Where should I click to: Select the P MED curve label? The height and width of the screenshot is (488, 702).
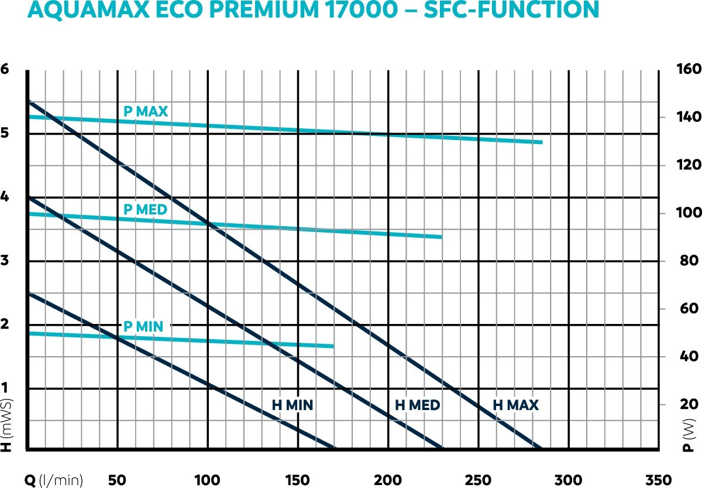click(x=145, y=209)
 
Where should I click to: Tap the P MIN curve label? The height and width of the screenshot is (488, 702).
click(x=143, y=326)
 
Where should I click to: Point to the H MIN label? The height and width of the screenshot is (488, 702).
click(x=292, y=405)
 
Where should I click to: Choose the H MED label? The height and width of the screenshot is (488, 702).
click(x=417, y=405)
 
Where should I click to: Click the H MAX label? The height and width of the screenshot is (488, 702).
click(x=515, y=405)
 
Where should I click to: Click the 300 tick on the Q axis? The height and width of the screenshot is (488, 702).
click(x=568, y=480)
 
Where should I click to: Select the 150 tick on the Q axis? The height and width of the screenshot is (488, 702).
click(x=298, y=480)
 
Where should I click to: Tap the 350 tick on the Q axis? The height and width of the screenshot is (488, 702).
click(x=658, y=480)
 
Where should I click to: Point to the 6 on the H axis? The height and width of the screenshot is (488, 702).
click(x=5, y=69)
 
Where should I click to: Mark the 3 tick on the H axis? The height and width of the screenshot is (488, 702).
click(x=5, y=261)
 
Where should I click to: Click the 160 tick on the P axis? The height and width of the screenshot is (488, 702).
click(x=689, y=69)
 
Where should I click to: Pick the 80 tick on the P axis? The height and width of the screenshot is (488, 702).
click(x=689, y=261)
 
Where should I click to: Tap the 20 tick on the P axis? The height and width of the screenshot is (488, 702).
click(x=689, y=404)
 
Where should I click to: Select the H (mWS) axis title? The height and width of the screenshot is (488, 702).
click(x=6, y=425)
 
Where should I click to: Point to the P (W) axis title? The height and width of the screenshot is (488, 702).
click(x=689, y=439)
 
